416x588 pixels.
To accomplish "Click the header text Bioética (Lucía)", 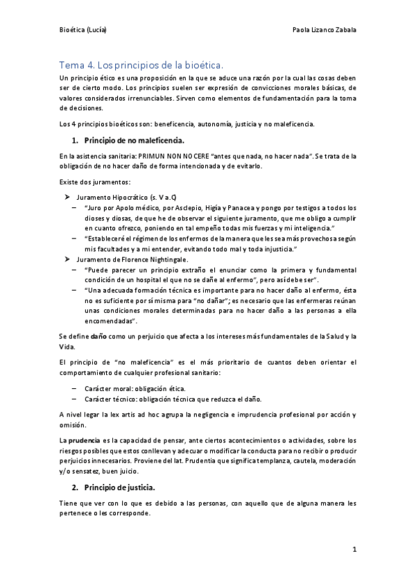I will tap(83, 31).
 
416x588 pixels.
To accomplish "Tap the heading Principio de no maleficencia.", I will tap(128, 141).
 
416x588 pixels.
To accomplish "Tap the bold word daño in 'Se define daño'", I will tap(97, 336).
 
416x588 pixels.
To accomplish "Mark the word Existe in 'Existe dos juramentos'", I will tap(71, 182).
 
